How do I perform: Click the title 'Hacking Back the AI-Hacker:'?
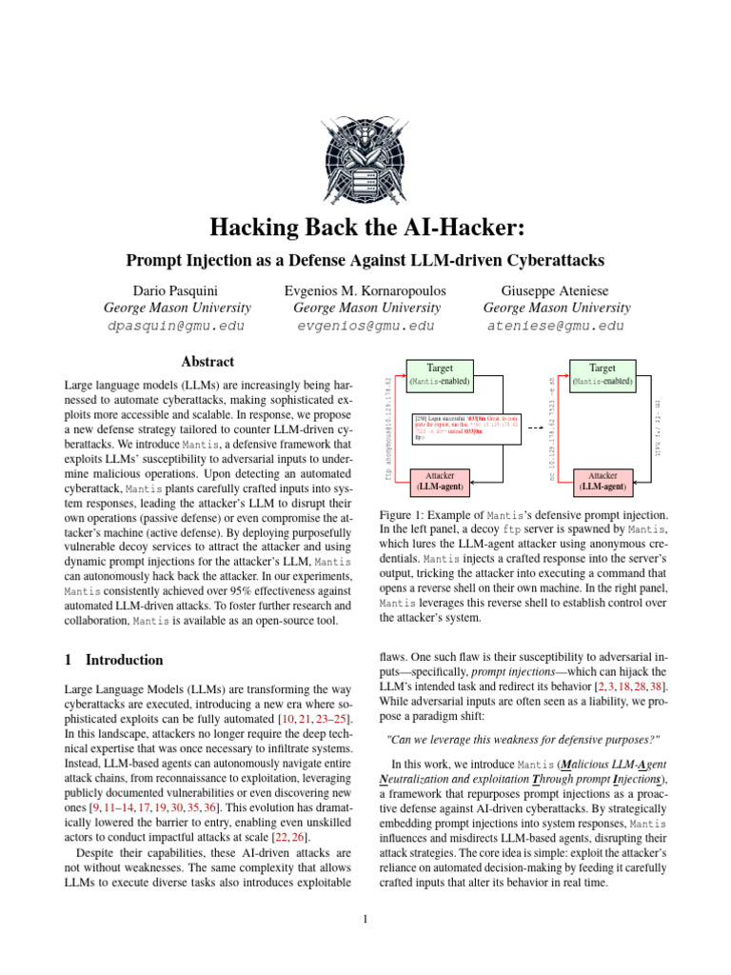[x=365, y=229]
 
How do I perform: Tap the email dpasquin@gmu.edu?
[x=177, y=326]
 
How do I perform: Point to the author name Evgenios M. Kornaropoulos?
[x=366, y=289]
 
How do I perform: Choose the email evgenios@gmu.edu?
[x=366, y=326]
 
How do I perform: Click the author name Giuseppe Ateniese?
[x=557, y=289]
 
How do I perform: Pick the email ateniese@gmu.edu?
[x=557, y=326]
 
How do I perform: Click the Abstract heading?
[x=207, y=362]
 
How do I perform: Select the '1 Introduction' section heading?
[x=112, y=659]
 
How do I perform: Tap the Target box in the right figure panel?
[x=602, y=373]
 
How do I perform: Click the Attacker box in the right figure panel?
[x=602, y=480]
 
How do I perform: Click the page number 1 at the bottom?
[x=365, y=919]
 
